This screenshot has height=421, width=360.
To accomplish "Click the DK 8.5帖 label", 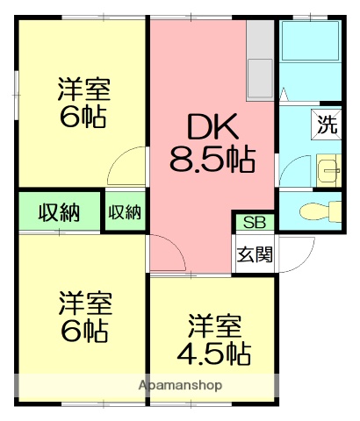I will point(212,143).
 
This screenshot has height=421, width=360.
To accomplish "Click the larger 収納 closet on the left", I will point(59,211).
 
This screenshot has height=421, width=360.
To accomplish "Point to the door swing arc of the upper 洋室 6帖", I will point(127,166).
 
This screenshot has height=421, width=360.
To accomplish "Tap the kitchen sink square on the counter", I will point(261,80).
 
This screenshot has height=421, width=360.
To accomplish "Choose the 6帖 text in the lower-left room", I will point(84,332).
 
